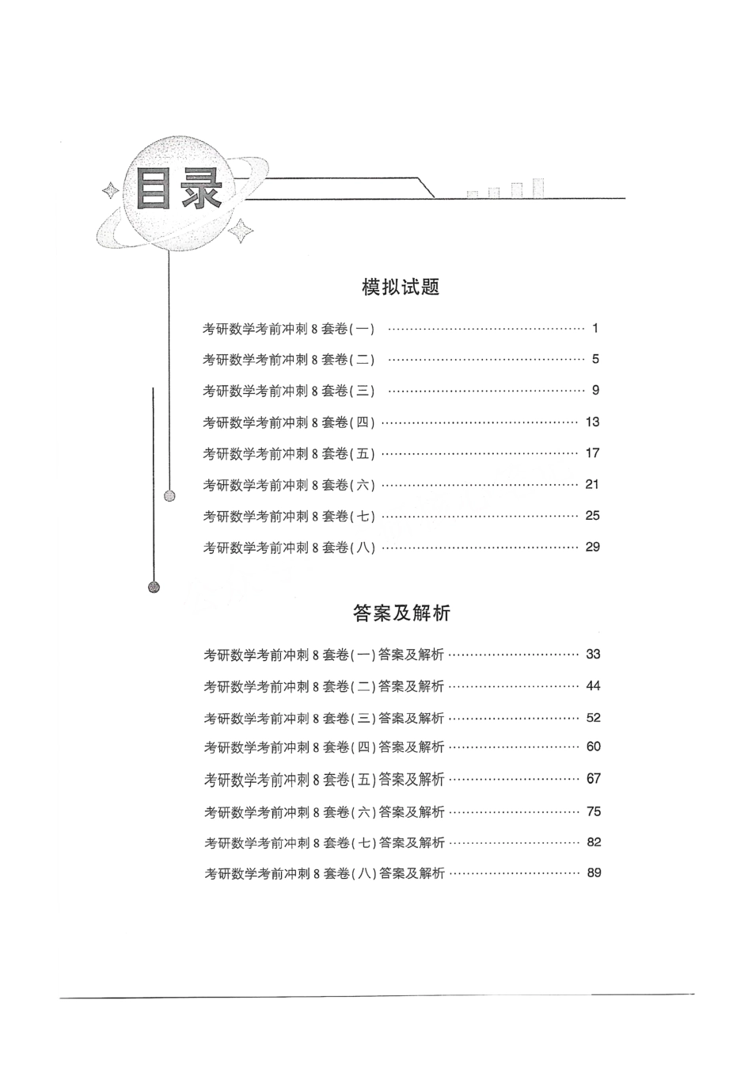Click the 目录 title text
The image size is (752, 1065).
(x=178, y=188)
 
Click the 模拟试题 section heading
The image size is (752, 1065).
(x=401, y=287)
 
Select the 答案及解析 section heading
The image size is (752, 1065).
(x=401, y=613)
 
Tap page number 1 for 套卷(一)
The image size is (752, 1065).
(x=595, y=328)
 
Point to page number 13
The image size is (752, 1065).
(x=592, y=422)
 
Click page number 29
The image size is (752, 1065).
(x=592, y=547)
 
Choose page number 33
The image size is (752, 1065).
(x=593, y=655)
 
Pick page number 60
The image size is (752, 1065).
(x=593, y=746)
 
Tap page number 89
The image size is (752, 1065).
(x=594, y=872)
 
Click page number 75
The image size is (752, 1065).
(x=594, y=811)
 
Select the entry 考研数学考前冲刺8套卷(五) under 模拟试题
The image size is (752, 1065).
(x=289, y=454)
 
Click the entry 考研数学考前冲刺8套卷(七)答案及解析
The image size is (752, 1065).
(x=324, y=842)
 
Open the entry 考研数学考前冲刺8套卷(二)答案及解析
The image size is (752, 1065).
(x=324, y=686)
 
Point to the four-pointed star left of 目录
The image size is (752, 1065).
(x=110, y=191)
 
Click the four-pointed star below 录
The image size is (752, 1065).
(x=241, y=231)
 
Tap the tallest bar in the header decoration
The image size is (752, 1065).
(x=538, y=187)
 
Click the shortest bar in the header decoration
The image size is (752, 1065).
(x=473, y=193)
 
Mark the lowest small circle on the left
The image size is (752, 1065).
(x=154, y=587)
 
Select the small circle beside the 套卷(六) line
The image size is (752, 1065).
(x=169, y=496)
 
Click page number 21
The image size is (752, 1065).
(x=592, y=484)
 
